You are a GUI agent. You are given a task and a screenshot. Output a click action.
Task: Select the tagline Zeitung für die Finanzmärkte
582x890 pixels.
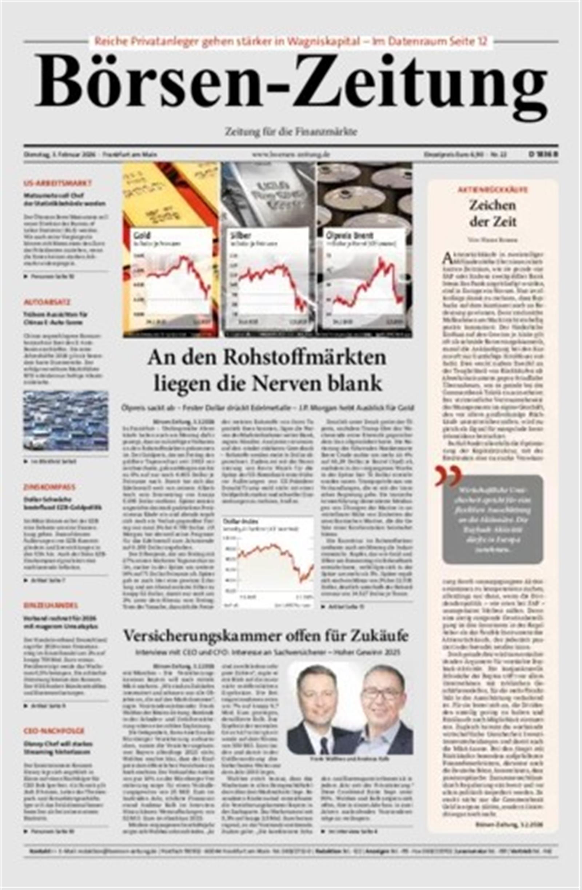point(291,132)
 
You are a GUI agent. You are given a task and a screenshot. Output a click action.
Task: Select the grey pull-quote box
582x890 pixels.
point(492,520)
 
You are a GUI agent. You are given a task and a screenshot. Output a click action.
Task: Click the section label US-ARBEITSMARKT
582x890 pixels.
point(57,183)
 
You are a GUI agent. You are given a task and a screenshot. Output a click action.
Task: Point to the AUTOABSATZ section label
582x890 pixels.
point(47,302)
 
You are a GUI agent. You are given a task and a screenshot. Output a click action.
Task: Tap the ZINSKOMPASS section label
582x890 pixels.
point(49,487)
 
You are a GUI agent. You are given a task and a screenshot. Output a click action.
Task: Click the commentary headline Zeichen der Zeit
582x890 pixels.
point(492,213)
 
